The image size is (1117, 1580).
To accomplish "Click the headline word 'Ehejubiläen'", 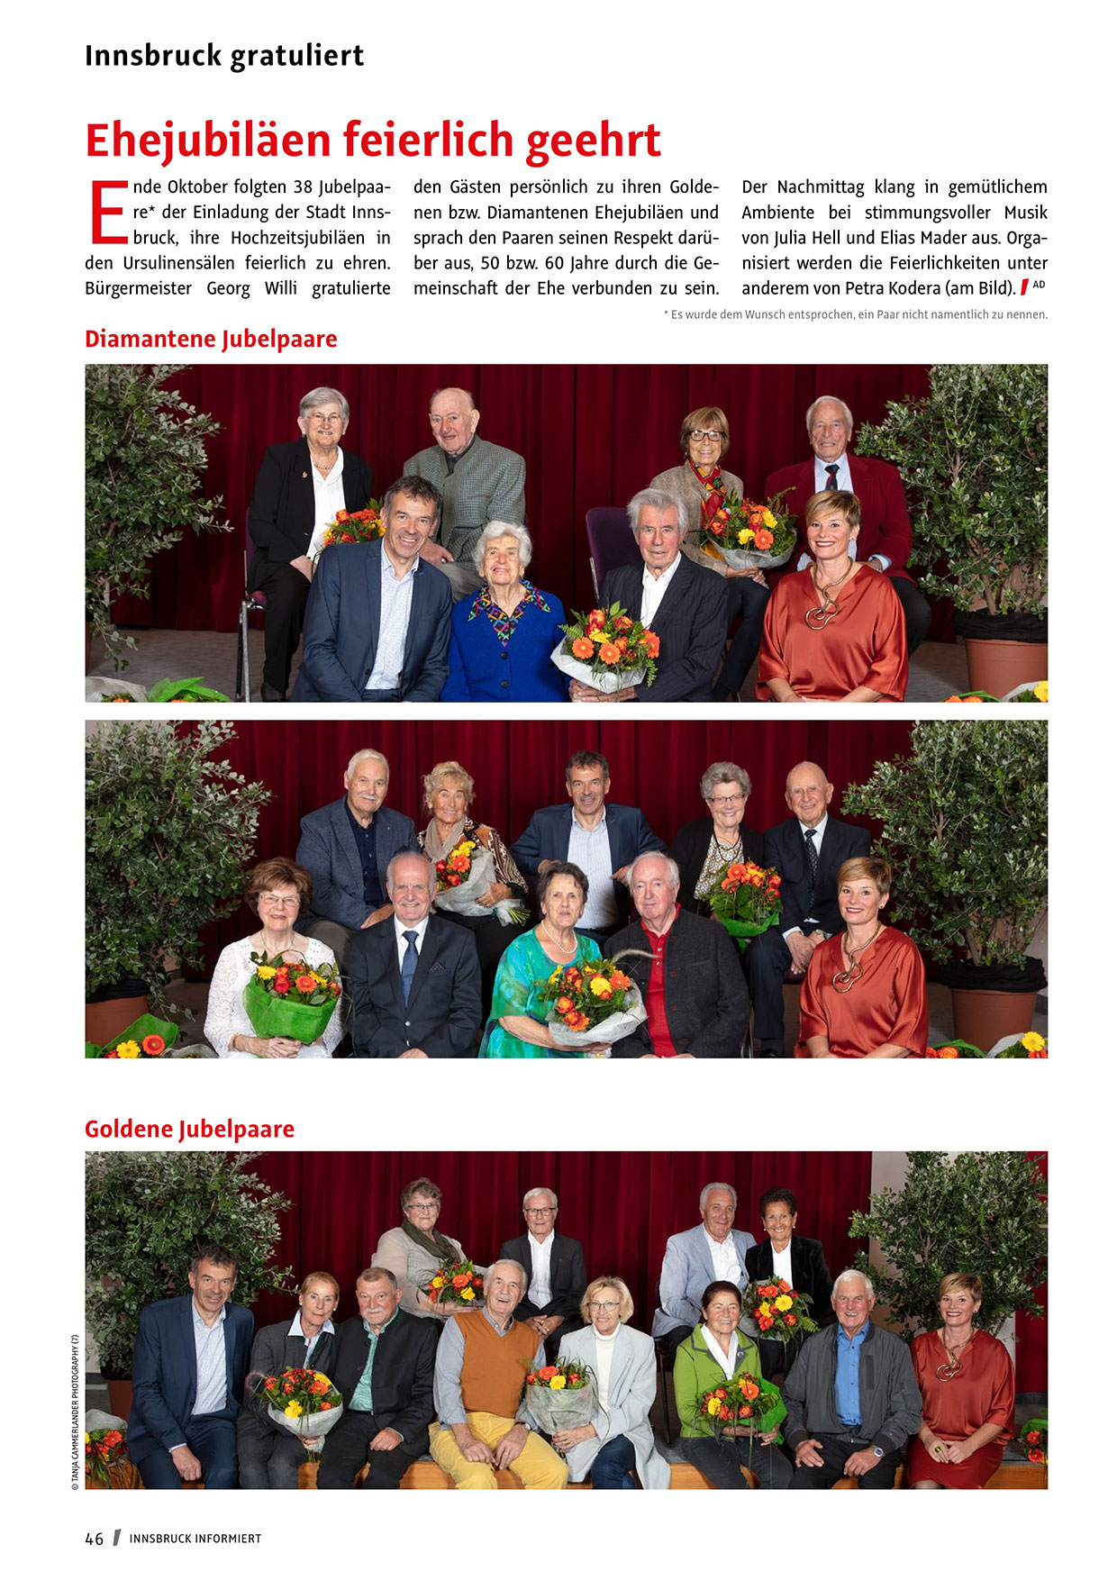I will point(209,141).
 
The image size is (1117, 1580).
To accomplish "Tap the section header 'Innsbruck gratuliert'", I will point(224,56).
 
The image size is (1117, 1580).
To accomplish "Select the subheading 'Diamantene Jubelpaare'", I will point(211,340).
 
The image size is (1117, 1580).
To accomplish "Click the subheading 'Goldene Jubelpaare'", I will point(189,1129).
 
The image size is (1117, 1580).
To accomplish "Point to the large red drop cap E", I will point(108,213).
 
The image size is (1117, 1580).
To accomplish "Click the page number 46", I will point(94,1539).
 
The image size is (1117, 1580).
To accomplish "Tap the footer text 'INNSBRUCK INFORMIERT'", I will point(195,1539).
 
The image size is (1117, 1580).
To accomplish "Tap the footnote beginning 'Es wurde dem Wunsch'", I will point(856,314).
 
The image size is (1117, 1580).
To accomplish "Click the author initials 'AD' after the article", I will point(1039,285).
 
